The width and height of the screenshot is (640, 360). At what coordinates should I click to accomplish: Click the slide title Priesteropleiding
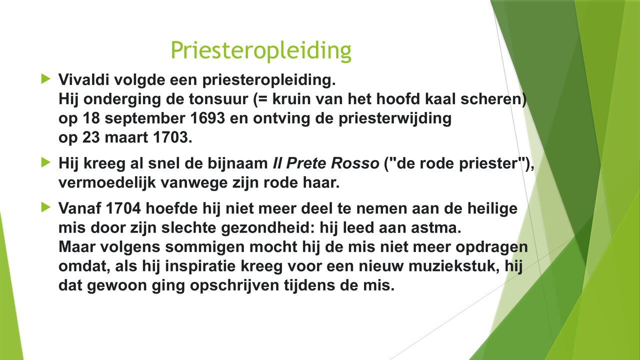pyautogui.click(x=260, y=50)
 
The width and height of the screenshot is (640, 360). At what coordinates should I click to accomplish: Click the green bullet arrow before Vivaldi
pyautogui.click(x=46, y=78)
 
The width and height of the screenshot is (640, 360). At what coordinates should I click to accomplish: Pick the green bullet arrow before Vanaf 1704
pyautogui.click(x=46, y=206)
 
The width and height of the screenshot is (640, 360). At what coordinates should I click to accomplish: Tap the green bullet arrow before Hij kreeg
pyautogui.click(x=46, y=162)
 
